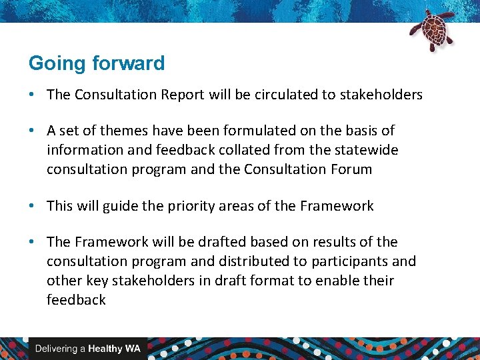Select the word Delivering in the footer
(55, 349)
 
